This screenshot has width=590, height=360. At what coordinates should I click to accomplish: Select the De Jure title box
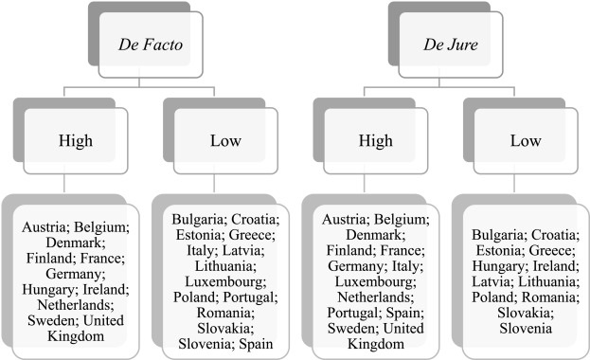(444, 44)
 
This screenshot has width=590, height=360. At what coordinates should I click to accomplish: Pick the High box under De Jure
(371, 141)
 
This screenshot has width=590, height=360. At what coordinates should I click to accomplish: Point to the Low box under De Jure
(520, 141)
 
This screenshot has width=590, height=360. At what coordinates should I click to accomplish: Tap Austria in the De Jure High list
(339, 220)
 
